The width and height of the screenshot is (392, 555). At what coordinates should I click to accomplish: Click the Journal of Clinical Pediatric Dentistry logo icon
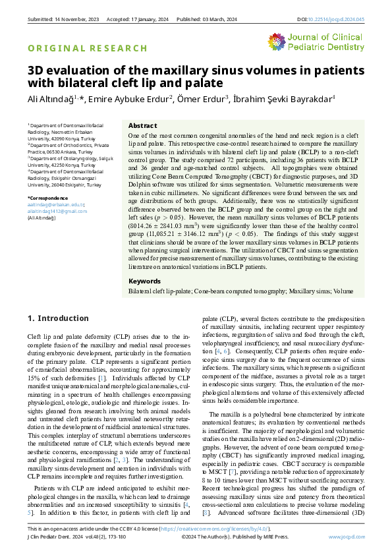pyautogui.click(x=279, y=42)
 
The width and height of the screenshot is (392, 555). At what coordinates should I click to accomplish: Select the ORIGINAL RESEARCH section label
pyautogui.click(x=87, y=48)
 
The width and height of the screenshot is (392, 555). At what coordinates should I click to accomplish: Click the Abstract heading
pyautogui.click(x=142, y=125)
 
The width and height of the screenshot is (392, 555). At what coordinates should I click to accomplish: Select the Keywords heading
pyautogui.click(x=145, y=280)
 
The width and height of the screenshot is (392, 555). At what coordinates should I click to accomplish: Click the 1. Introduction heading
pyautogui.click(x=58, y=318)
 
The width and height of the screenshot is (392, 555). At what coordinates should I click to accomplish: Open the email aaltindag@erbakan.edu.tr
pyautogui.click(x=55, y=204)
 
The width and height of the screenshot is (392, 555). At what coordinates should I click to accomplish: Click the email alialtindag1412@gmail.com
pyautogui.click(x=57, y=211)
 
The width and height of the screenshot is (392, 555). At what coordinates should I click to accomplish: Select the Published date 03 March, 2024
pyautogui.click(x=216, y=19)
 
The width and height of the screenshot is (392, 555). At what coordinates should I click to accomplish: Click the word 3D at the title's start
pyautogui.click(x=36, y=71)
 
